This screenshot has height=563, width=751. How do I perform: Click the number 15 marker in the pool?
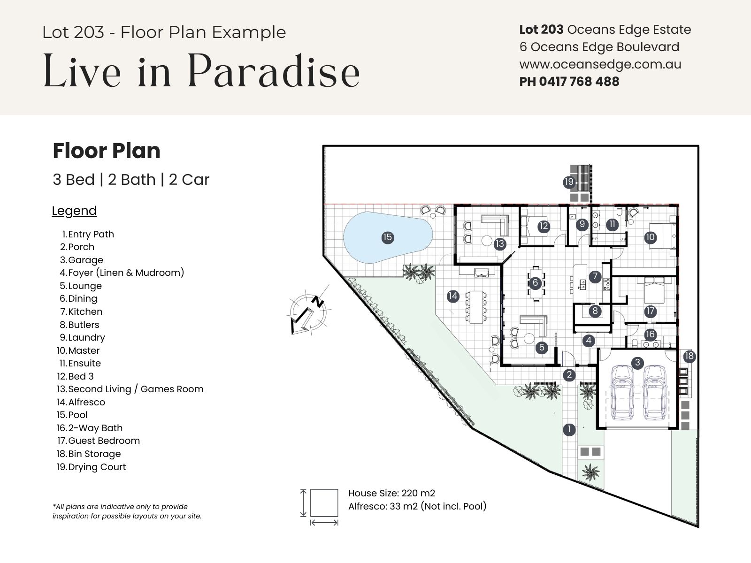[387, 237]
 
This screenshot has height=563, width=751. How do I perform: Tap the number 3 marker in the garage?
[637, 363]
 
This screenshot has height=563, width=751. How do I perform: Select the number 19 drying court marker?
[569, 182]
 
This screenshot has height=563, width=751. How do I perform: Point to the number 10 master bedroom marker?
[650, 237]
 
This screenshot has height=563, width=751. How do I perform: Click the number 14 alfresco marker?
[452, 296]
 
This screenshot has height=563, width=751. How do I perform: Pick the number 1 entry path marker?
[569, 429]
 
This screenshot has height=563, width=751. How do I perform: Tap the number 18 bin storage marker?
[689, 356]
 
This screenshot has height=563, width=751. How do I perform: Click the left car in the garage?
[622, 392]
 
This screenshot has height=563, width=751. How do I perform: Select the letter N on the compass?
[319, 302]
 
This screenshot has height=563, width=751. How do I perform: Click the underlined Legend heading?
[74, 211]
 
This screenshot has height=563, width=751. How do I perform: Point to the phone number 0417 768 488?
[579, 82]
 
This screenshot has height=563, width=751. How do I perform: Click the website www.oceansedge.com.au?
[600, 65]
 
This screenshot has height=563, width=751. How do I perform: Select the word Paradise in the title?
[273, 71]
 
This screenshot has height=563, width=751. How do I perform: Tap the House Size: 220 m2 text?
[391, 493]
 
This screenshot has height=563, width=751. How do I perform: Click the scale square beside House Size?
[324, 502]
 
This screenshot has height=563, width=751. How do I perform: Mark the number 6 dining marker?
[535, 283]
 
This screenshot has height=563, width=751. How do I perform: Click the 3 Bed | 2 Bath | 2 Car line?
[130, 180]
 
